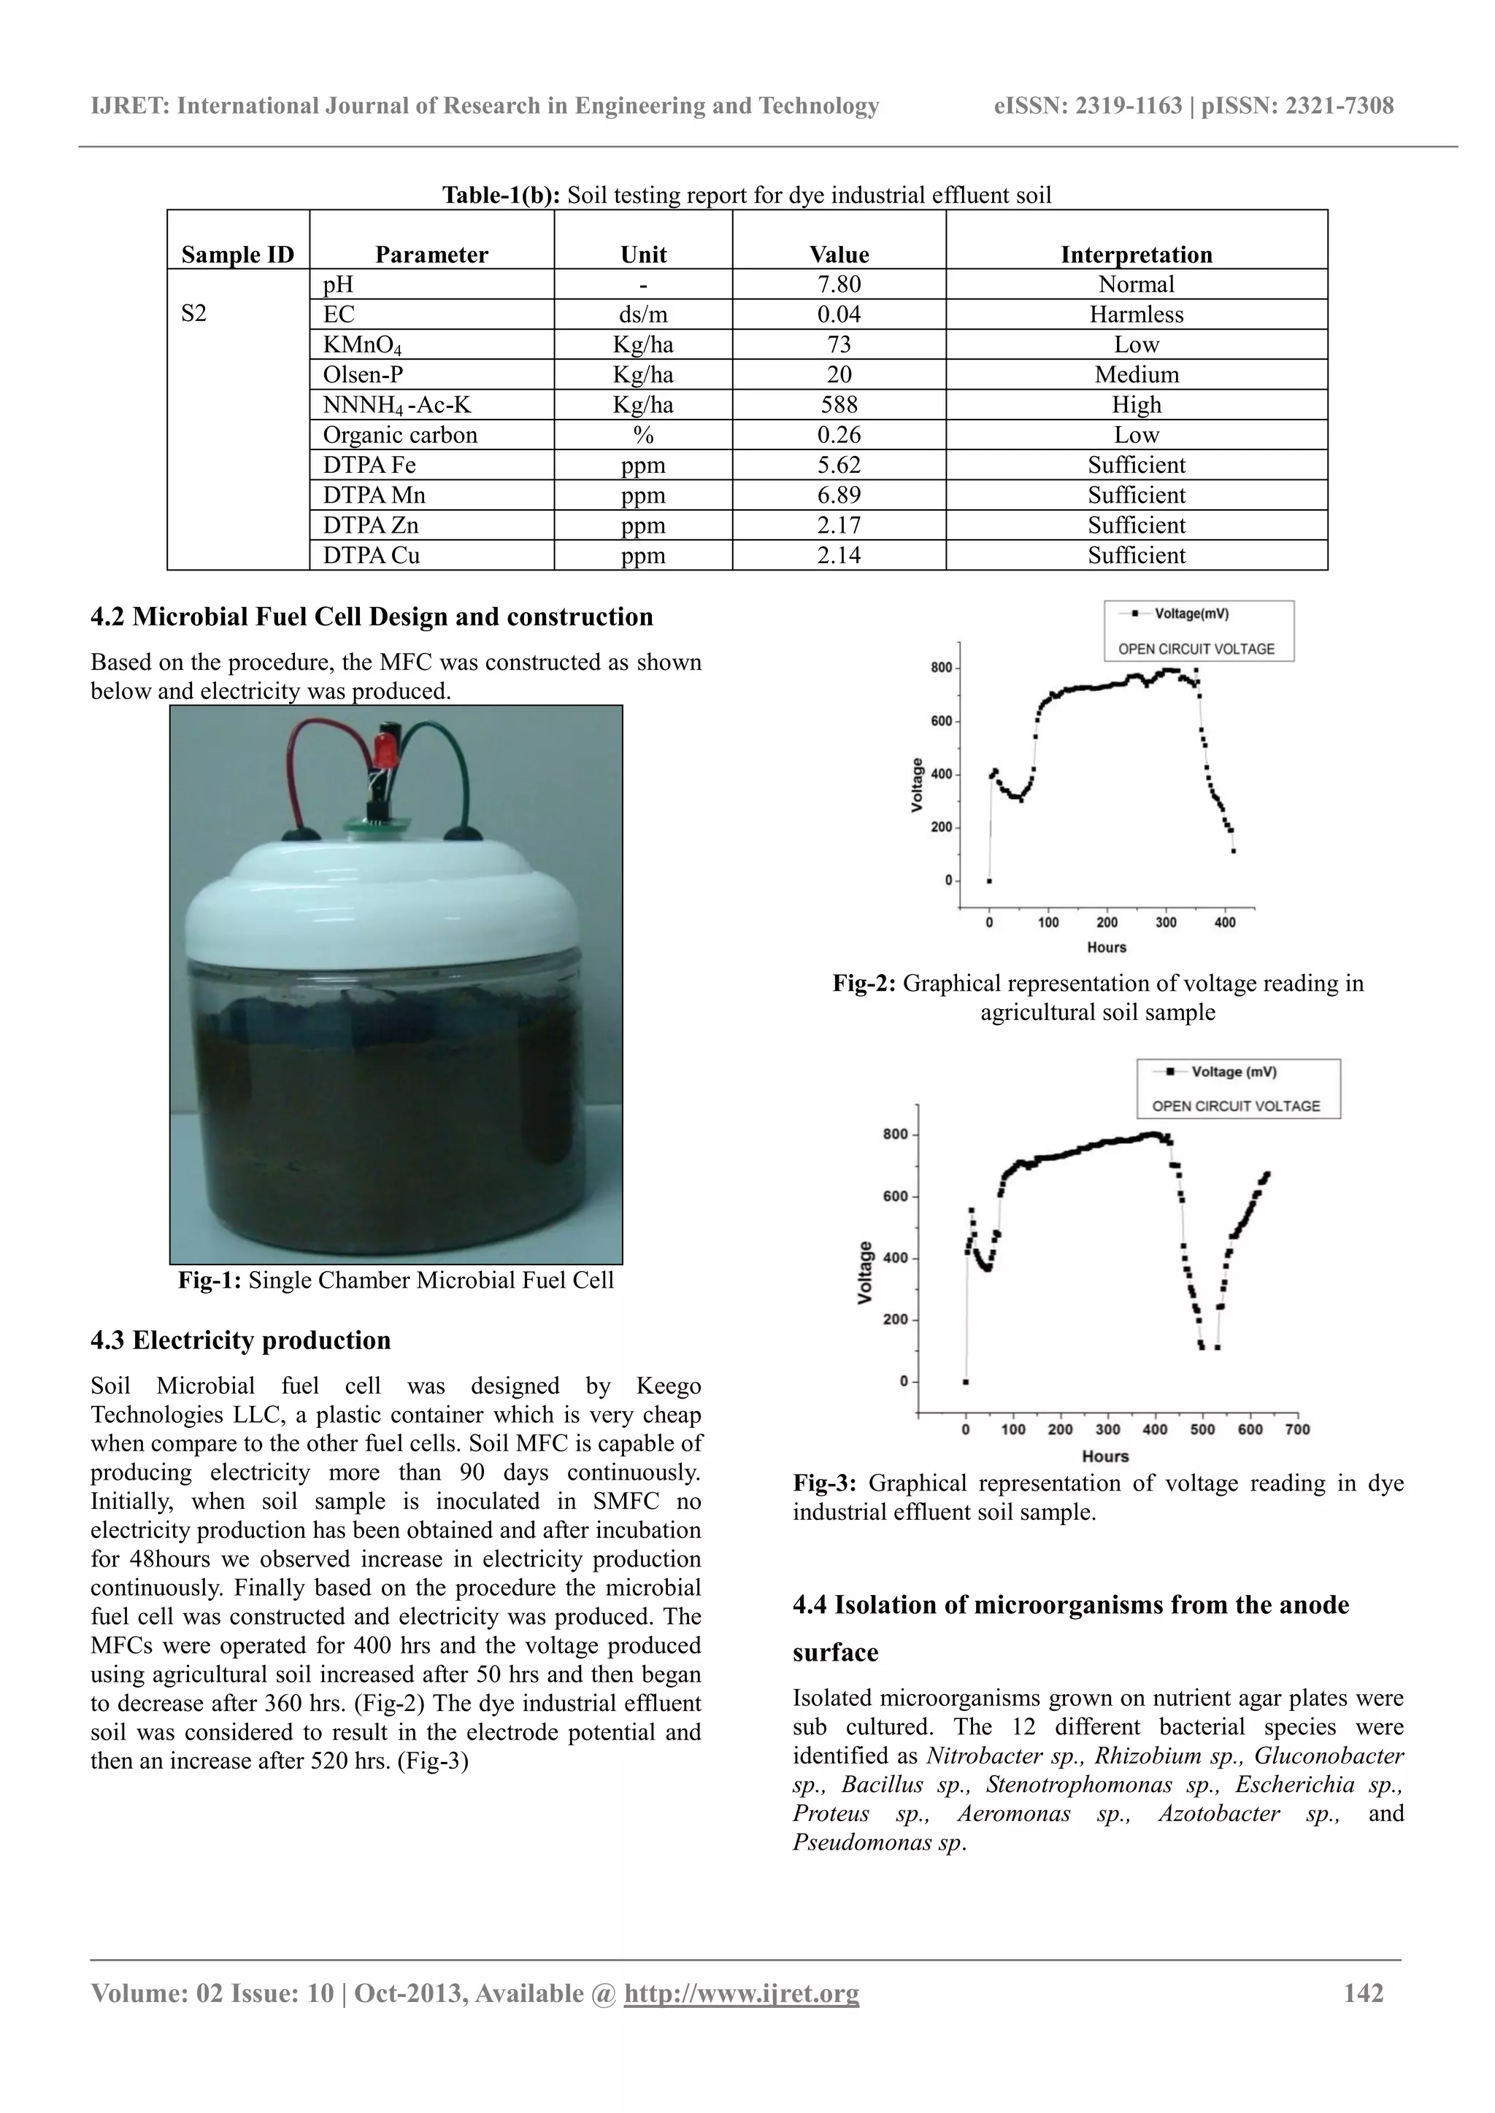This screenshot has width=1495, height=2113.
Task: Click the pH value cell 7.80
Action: (x=838, y=285)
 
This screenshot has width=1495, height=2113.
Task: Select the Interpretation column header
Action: (x=1135, y=255)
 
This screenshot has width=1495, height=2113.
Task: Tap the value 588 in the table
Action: (x=838, y=405)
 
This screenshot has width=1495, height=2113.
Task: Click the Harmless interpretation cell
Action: (x=1135, y=314)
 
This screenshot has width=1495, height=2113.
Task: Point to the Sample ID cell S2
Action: (x=194, y=314)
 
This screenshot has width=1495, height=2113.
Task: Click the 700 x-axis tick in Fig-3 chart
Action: (x=1297, y=1429)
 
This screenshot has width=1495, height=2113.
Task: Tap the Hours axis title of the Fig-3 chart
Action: (x=1104, y=1456)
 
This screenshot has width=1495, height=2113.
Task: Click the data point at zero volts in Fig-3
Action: (x=966, y=1381)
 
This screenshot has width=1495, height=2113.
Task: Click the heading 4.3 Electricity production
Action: (x=240, y=1340)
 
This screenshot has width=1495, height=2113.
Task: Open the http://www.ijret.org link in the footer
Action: (x=741, y=1993)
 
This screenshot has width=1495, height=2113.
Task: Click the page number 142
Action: (x=1364, y=1993)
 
